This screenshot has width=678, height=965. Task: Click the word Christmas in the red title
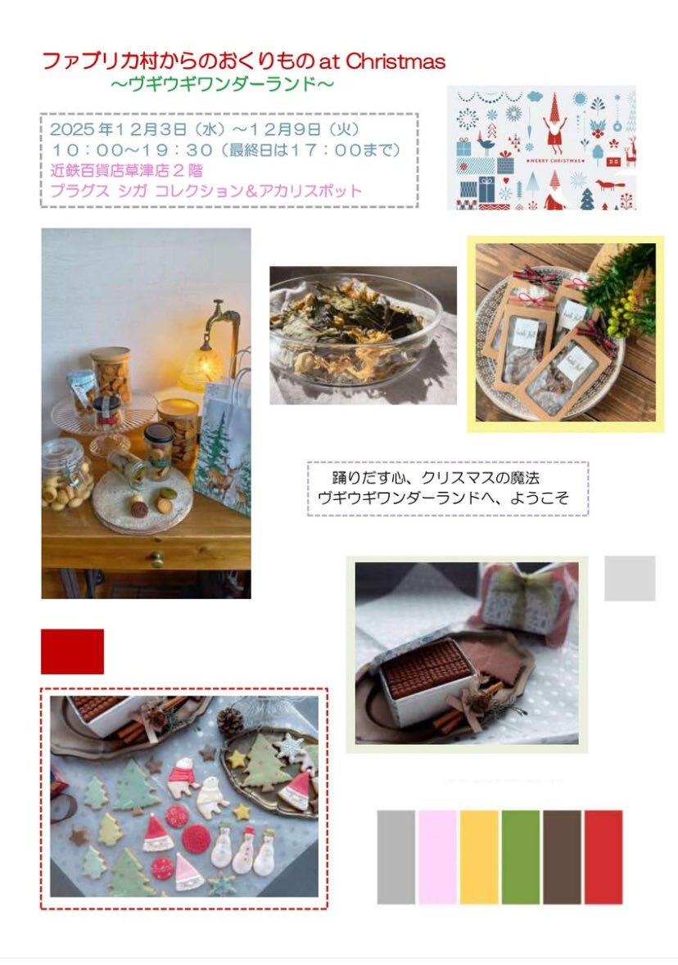pyautogui.click(x=395, y=61)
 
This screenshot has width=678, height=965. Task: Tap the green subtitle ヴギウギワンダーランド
pyautogui.click(x=222, y=83)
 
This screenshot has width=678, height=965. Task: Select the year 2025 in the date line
pyautogui.click(x=72, y=129)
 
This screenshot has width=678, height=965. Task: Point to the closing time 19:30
pyautogui.click(x=178, y=150)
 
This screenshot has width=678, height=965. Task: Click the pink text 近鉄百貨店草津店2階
pyautogui.click(x=126, y=170)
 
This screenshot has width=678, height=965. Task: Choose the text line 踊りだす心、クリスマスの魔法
pyautogui.click(x=436, y=477)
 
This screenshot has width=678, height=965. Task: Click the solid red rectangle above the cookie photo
pyautogui.click(x=72, y=652)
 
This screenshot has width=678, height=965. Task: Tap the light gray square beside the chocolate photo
pyautogui.click(x=630, y=578)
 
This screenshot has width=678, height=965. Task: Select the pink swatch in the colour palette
pyautogui.click(x=437, y=857)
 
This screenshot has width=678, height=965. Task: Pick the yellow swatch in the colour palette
pyautogui.click(x=479, y=857)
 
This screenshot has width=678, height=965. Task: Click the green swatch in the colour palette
pyautogui.click(x=520, y=857)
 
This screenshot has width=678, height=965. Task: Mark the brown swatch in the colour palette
pyautogui.click(x=562, y=857)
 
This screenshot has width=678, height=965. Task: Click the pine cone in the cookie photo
pyautogui.click(x=230, y=722)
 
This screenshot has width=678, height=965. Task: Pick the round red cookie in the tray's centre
pyautogui.click(x=197, y=838)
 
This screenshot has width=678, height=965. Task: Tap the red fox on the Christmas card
pyautogui.click(x=610, y=185)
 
